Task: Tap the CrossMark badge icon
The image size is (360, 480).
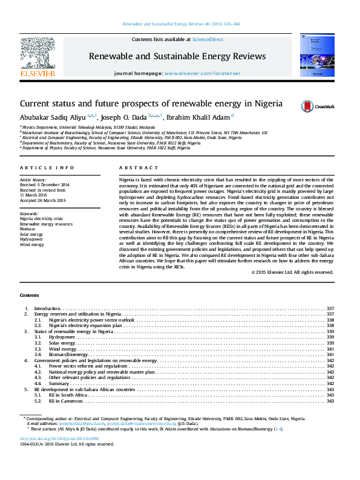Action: [x=308, y=106]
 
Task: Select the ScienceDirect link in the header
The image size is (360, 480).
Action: [x=208, y=39]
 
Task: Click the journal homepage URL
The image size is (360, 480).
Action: [x=194, y=73]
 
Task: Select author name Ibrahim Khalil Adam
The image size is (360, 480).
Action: [x=198, y=117]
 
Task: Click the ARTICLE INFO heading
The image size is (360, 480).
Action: [x=47, y=167]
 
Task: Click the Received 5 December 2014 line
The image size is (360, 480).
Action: [x=45, y=184]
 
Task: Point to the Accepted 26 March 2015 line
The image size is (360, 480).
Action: [x=42, y=200]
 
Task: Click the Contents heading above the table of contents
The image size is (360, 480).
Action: [x=29, y=294]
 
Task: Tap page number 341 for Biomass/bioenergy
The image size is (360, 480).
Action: [x=330, y=354]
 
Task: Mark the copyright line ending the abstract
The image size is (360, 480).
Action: [x=292, y=272]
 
